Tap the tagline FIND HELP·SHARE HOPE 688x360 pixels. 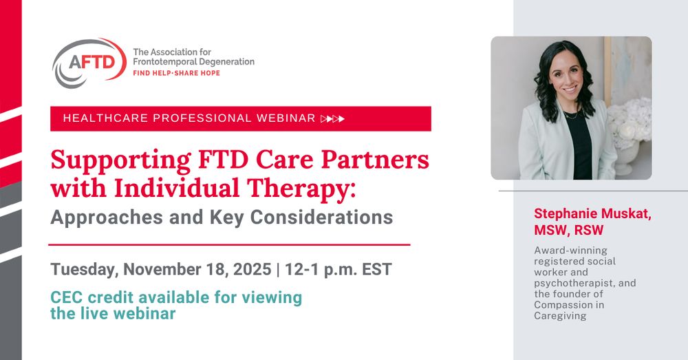tap(176, 73)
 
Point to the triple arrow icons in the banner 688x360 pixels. tap(333, 118)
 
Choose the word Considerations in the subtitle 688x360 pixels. tap(321, 218)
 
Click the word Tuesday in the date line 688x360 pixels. tap(80, 269)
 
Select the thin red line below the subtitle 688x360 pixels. tap(229, 244)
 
